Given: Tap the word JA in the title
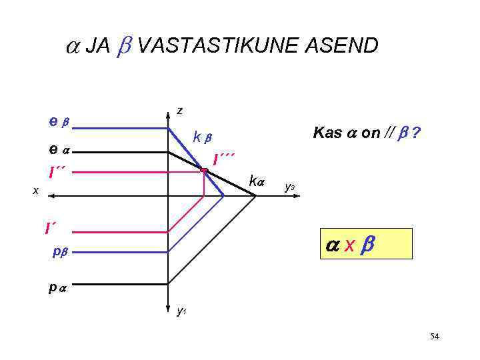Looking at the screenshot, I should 98,46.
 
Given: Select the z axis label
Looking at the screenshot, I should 180,111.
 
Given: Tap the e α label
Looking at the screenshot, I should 59,151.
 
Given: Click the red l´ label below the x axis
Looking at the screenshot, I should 50,229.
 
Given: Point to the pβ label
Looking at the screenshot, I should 62,253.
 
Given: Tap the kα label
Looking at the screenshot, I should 257,180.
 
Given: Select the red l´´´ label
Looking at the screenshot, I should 223,159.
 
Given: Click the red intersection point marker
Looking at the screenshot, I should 205,171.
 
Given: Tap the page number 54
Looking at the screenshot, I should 435,337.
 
